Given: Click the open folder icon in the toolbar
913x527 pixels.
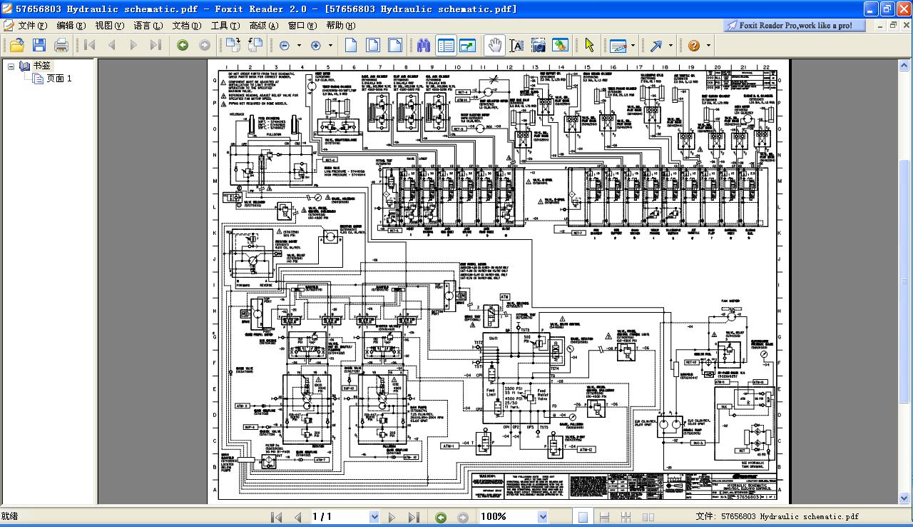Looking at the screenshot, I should click(x=16, y=45).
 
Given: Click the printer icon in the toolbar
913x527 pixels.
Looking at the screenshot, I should click(x=61, y=45).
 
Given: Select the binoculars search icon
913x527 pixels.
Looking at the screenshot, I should click(x=424, y=45).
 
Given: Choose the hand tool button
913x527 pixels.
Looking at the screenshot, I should click(x=494, y=45).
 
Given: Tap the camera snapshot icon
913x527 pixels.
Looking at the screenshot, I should click(x=539, y=45).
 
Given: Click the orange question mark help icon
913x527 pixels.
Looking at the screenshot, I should click(x=694, y=45).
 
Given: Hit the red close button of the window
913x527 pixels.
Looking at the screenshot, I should click(x=903, y=9).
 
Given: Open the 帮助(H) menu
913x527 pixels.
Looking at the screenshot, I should click(x=340, y=25).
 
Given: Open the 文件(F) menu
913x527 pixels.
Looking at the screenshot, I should click(x=32, y=25).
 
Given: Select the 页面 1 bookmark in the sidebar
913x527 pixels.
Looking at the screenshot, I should click(x=58, y=79).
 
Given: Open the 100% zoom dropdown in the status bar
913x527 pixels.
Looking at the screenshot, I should click(x=542, y=516).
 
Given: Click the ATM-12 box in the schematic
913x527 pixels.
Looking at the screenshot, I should click(x=586, y=450).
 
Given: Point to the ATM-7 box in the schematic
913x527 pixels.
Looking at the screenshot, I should click(x=320, y=459).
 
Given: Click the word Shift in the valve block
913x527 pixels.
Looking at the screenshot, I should click(x=493, y=338).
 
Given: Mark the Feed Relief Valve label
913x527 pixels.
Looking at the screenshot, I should click(x=543, y=396).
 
